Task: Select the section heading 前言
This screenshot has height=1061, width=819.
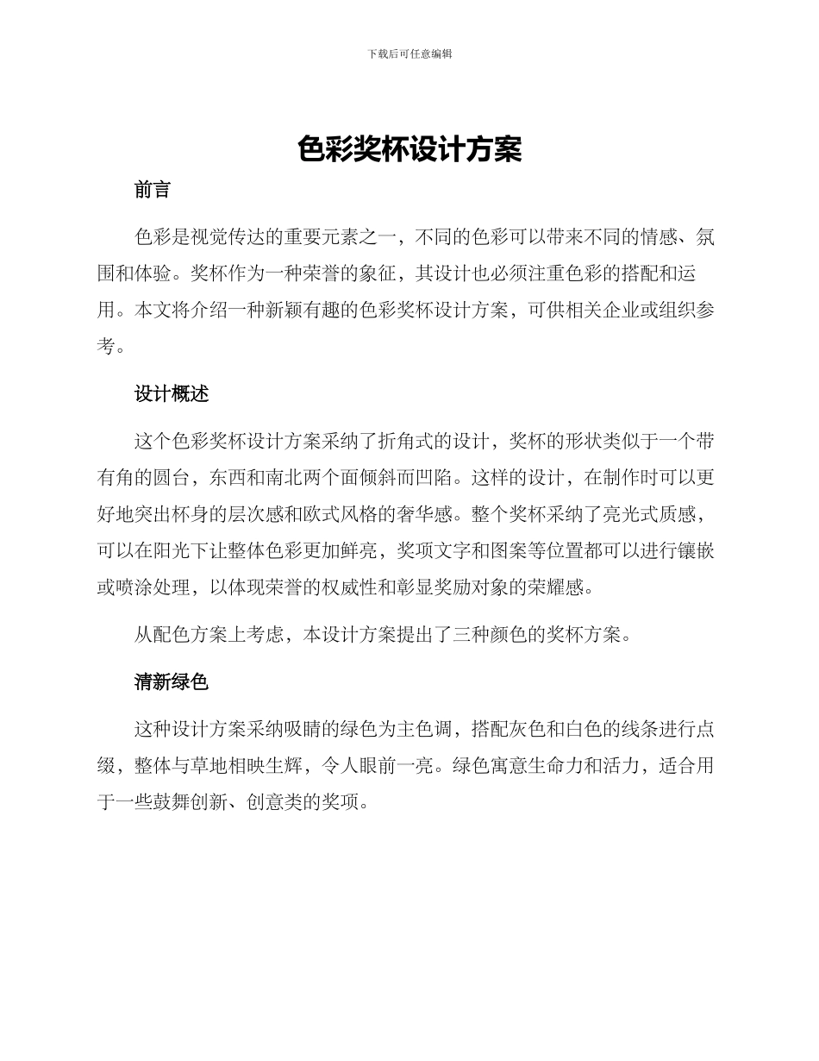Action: click(153, 191)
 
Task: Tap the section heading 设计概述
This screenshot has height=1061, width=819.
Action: click(172, 394)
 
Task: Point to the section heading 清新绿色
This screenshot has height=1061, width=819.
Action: click(172, 681)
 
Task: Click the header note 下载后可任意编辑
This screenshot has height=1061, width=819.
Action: click(409, 53)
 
